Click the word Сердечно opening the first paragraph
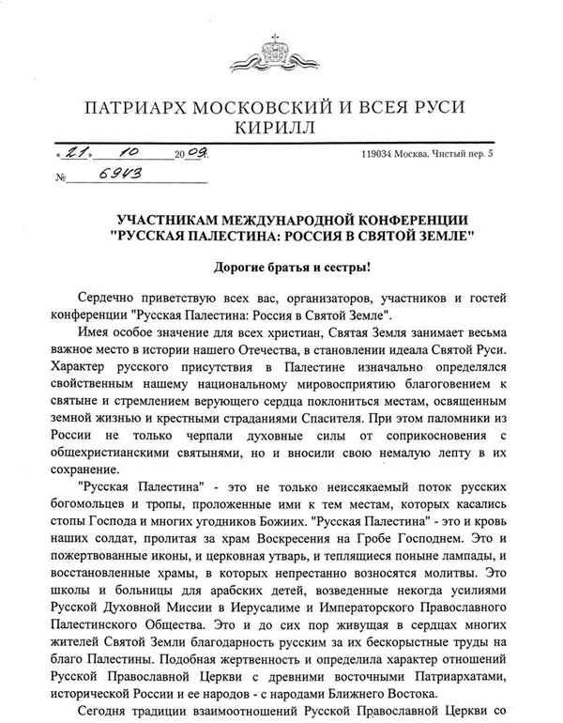click(x=104, y=302)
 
